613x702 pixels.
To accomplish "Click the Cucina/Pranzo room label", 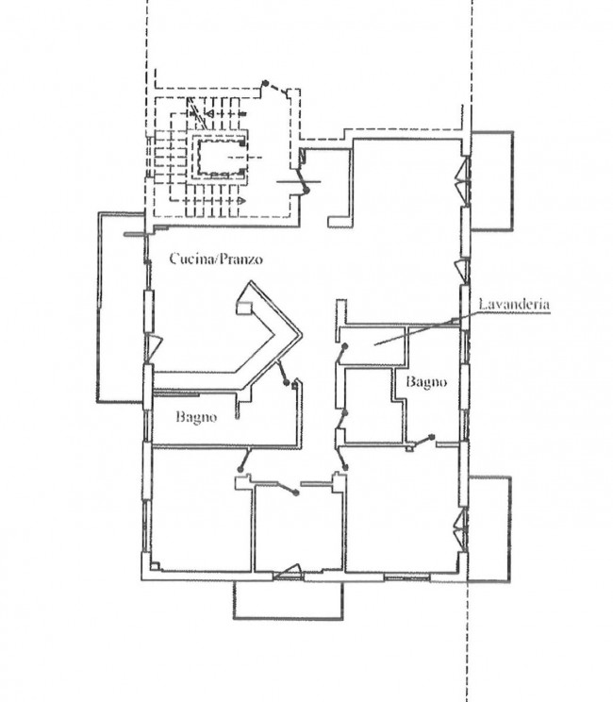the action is tap(216, 259).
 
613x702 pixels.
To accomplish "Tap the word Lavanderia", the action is tap(514, 305).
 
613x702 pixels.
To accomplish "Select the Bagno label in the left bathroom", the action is tap(196, 417).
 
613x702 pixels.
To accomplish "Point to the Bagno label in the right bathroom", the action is tap(426, 382).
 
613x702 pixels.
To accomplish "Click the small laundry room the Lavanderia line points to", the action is tap(373, 345).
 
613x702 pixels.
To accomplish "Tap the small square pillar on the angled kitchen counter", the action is tap(244, 308).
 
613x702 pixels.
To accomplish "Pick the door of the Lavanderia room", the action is tap(341, 354).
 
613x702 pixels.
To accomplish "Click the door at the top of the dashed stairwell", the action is tap(276, 88).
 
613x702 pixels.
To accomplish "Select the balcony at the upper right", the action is tap(491, 181).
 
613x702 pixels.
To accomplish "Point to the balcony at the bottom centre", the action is tap(288, 600).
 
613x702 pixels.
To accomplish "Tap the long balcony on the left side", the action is tap(121, 308).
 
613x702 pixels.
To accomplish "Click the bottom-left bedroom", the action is tap(202, 509).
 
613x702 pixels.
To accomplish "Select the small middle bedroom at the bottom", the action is tap(298, 528).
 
